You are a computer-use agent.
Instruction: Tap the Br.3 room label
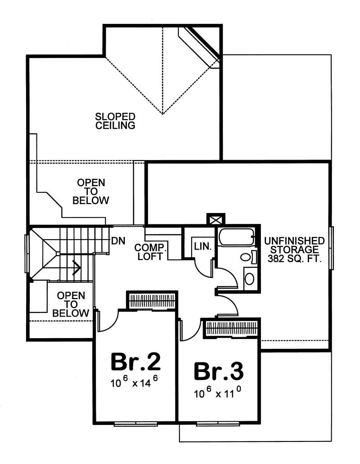coord(219,372)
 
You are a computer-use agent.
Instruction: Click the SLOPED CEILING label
coord(115,121)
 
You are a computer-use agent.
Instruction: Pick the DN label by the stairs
coord(118,241)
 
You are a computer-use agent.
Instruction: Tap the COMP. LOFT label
coord(151,252)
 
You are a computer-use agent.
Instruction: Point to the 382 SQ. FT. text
coord(294,259)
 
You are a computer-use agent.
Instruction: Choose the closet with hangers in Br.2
coord(151,300)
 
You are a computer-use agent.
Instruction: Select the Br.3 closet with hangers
coord(231,328)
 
